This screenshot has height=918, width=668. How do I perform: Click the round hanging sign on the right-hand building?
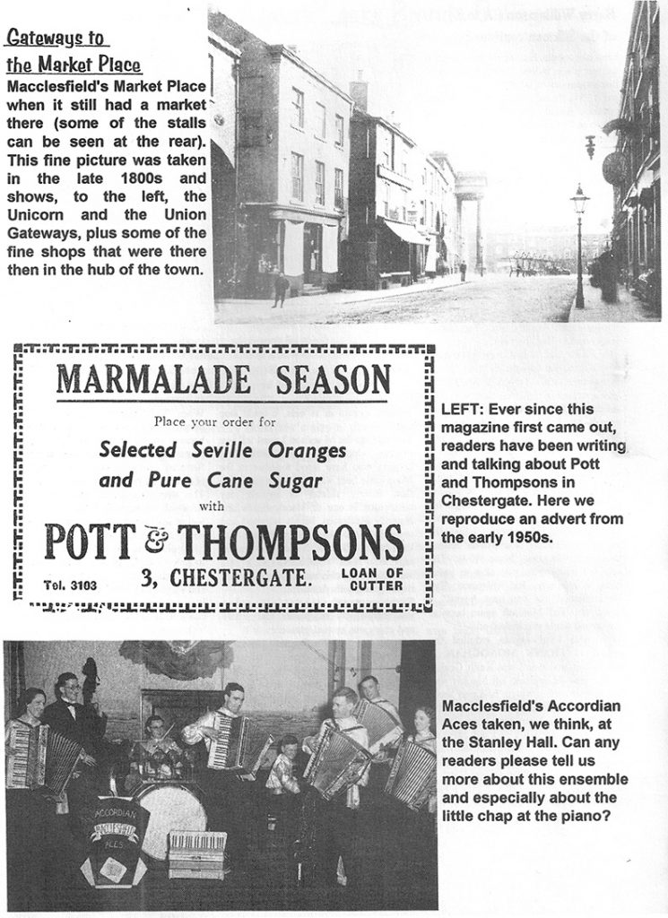click(614, 167)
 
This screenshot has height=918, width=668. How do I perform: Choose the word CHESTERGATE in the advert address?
click(238, 581)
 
